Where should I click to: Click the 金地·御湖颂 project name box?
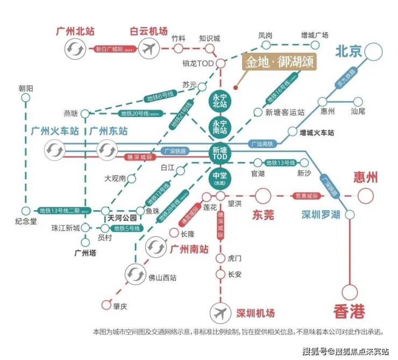coord(278,62)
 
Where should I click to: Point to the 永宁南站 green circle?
coord(219,127)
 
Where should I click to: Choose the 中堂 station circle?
coord(219,178)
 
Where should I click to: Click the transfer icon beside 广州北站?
coord(73,49)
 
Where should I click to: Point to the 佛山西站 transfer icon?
coord(134,275)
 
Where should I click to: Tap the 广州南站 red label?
coord(189,249)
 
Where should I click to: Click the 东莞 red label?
coord(263,215)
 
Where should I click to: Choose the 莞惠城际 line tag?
coord(307,196)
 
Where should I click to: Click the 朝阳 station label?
coord(25,88)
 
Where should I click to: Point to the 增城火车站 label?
coord(317,132)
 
